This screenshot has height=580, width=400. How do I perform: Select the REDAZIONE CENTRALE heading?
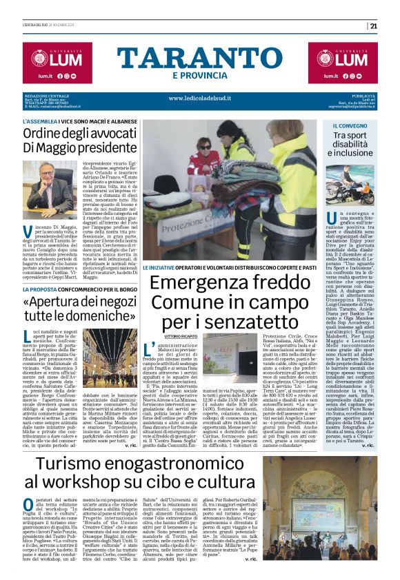pos(46,95)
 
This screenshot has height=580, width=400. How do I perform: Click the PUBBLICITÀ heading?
pos(362,95)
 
